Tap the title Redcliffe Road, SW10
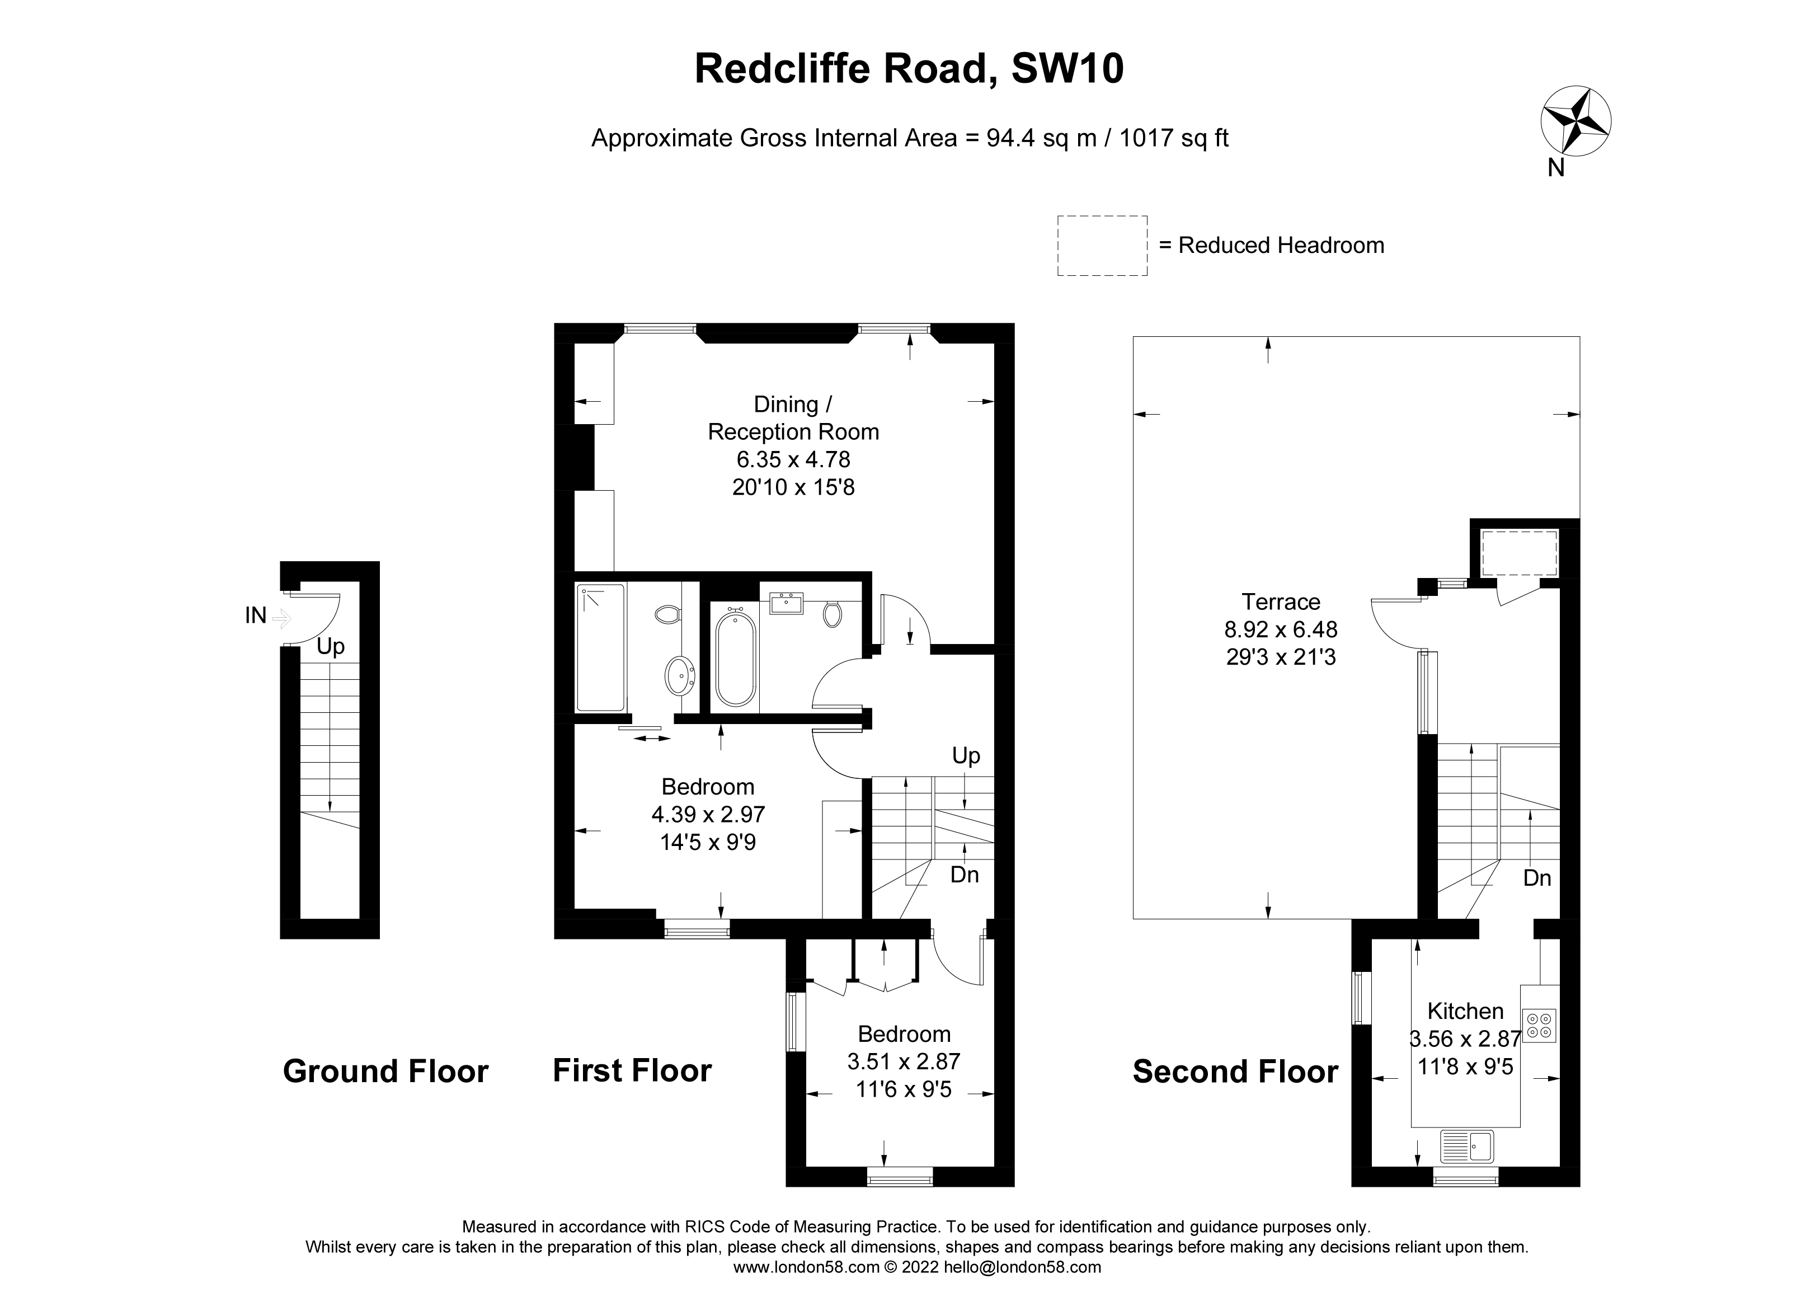pos(909,69)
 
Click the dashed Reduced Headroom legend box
pos(1102,246)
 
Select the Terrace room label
pos(1281,602)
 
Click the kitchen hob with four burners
pos(1539,1026)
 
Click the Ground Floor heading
pos(385,1072)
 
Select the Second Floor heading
pos(1235,1072)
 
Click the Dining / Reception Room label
pos(793,418)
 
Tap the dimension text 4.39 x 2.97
pos(708,814)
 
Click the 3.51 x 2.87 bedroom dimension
pos(904,1061)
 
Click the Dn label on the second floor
pos(1537,878)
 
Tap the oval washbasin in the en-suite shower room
pos(680,675)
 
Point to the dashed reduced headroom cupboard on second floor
pos(1518,552)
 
